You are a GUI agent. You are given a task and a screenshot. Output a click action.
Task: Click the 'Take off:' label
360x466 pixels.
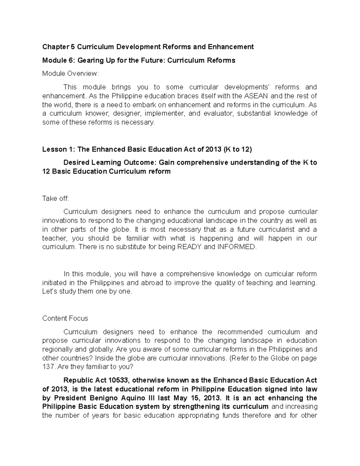[55, 198]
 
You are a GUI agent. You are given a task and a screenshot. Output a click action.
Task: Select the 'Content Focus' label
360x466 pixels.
[65, 318]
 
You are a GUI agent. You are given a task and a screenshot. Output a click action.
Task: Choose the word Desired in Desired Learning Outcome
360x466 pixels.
[76, 162]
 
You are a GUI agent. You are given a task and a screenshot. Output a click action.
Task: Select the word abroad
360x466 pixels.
[144, 283]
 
